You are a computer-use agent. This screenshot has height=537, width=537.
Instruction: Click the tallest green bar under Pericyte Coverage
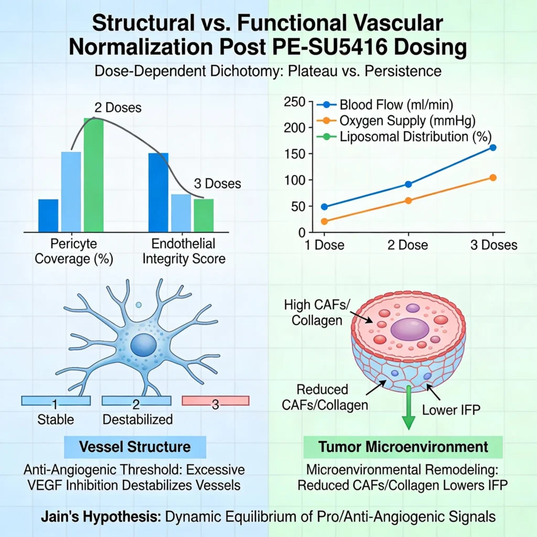94,175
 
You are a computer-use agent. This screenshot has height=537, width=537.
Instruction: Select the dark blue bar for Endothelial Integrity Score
158,192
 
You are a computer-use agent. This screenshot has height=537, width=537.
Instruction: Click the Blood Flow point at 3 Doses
492,147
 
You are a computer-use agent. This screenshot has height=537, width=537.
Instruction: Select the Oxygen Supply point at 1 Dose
324,221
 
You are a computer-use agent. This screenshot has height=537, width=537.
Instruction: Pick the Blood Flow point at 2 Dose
408,184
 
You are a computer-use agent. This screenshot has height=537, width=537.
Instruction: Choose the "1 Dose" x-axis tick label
324,245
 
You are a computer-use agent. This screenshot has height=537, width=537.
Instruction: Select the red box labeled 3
215,401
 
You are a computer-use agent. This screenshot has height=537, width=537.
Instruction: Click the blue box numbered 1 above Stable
55,401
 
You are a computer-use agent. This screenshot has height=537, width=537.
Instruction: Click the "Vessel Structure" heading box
135,447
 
